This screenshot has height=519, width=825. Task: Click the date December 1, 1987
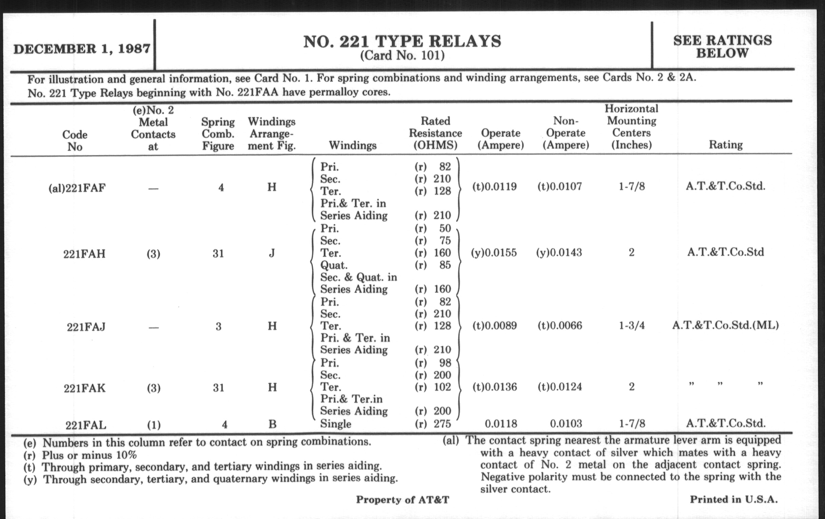click(81, 49)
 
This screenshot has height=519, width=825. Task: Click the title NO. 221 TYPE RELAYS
click(402, 42)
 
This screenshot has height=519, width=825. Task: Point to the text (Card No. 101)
click(402, 56)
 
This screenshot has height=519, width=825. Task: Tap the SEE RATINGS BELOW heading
click(722, 47)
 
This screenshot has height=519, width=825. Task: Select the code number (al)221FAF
click(77, 188)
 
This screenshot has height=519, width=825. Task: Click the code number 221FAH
click(84, 254)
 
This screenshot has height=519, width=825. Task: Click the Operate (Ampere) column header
click(501, 139)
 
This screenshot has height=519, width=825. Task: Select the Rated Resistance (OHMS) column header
click(435, 133)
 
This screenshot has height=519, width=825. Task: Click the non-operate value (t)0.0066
click(559, 325)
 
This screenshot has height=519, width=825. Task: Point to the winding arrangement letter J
click(272, 253)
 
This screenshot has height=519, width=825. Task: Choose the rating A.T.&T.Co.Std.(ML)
click(725, 325)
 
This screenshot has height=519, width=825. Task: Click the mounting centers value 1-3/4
click(631, 325)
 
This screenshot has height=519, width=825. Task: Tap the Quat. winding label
click(333, 265)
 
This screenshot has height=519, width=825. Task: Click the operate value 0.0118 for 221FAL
click(501, 424)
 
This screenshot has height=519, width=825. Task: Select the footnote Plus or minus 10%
click(89, 455)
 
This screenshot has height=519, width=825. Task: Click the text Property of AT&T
click(402, 500)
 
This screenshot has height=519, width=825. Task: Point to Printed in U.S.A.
click(733, 499)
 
